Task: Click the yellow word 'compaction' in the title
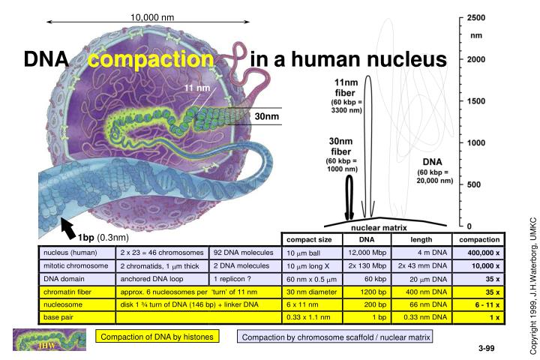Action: point(151,59)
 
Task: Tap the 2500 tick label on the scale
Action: point(476,18)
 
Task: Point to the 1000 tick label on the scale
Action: point(476,142)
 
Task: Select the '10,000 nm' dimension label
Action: point(152,17)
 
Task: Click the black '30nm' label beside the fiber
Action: point(267,116)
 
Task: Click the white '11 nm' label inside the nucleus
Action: point(197,88)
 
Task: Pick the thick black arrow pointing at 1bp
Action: point(68,229)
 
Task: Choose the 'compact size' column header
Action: point(309,240)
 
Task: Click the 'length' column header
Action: point(421,240)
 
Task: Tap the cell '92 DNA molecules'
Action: point(243,253)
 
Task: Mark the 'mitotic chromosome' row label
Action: point(76,265)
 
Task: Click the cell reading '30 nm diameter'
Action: point(311,292)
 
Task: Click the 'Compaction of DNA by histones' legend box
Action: point(157,337)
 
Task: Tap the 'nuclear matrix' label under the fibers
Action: point(379,228)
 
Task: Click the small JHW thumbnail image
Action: point(49,340)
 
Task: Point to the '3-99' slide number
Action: point(486,348)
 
